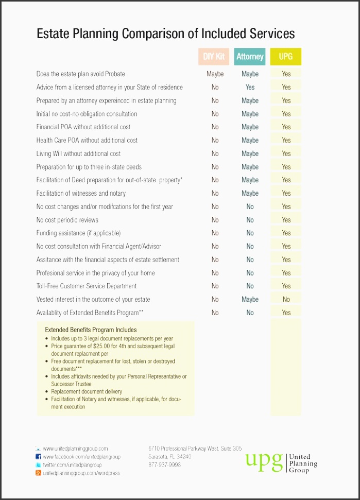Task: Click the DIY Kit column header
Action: coord(214,57)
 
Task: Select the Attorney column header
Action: coord(250,57)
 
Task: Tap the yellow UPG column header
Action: coord(286,57)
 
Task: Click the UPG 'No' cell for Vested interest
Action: coord(286,299)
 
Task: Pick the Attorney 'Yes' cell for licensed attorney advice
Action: coord(250,87)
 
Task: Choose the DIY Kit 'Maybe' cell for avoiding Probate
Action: coord(215,74)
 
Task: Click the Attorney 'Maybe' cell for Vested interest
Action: coord(250,299)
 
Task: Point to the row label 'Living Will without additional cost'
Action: coord(78,153)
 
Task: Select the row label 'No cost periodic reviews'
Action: coord(67,220)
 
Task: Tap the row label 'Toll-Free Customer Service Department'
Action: coord(87,286)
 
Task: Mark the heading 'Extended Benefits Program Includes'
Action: coord(91,330)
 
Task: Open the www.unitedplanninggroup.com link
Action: coord(75,449)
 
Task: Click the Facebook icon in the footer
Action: coord(38,457)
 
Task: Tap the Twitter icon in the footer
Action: coord(38,465)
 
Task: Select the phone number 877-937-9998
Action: coord(164,464)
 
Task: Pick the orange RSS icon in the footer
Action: coord(38,473)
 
